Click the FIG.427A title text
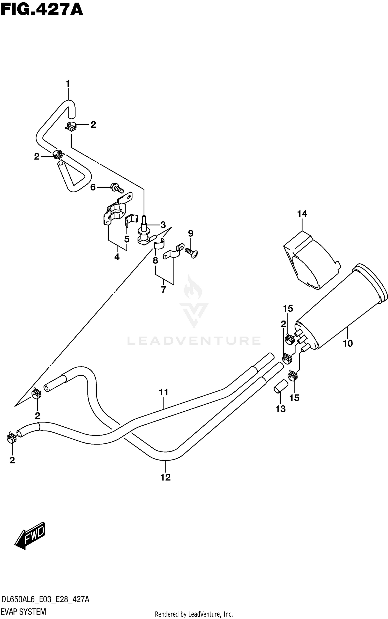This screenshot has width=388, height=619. (42, 10)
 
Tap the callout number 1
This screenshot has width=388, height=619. (68, 84)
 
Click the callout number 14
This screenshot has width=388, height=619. (302, 214)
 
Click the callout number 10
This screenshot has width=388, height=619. (348, 344)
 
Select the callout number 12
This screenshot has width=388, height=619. (166, 477)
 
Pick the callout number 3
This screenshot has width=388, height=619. (163, 225)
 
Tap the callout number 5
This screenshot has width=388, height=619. (126, 239)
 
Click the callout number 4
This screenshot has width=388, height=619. (117, 257)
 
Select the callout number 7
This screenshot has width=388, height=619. (163, 289)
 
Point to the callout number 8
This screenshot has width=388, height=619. (155, 260)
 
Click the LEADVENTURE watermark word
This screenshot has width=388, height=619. (194, 341)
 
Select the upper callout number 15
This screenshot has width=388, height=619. (288, 309)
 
